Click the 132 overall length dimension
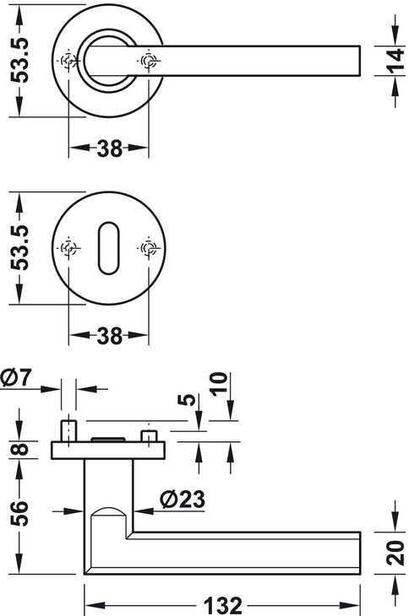[x=222, y=605]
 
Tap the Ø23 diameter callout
[x=183, y=500]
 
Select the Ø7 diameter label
[x=16, y=378]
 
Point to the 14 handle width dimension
[x=396, y=61]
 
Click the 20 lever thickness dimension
[x=395, y=553]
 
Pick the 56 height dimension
[x=19, y=513]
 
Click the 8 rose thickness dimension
[x=19, y=450]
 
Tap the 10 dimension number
[x=219, y=384]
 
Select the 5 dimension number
[x=187, y=400]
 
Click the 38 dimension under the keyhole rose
[x=109, y=336]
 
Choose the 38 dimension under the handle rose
[x=109, y=149]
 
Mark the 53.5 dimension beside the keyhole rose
[x=19, y=247]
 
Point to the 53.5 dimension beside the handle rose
[x=19, y=60]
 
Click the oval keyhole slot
[x=108, y=248]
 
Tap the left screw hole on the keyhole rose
[x=68, y=248]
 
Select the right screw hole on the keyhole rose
[x=149, y=248]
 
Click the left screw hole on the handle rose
[x=68, y=61]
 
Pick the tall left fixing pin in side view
[x=68, y=431]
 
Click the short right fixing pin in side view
[x=149, y=436]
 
